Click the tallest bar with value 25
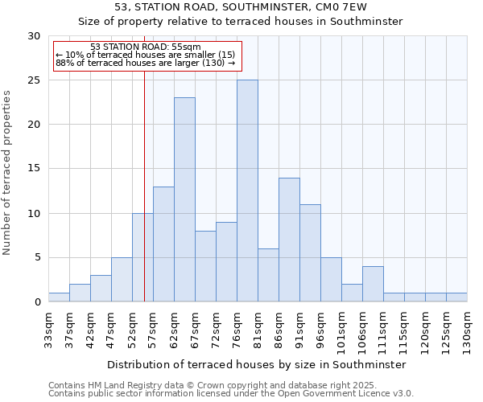click(247, 191)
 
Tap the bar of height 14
click(289, 240)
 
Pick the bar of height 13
click(163, 244)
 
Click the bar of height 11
click(310, 253)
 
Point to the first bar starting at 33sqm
click(59, 297)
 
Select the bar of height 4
click(373, 284)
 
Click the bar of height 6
click(268, 275)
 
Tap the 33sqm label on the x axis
click(48, 328)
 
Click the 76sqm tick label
click(237, 328)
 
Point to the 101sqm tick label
click(341, 330)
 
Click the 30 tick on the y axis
click(35, 36)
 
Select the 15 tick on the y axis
click(35, 169)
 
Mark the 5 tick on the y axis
click(38, 258)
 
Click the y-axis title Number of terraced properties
click(7, 172)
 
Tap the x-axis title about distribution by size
click(256, 364)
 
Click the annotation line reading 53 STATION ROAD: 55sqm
click(146, 47)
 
